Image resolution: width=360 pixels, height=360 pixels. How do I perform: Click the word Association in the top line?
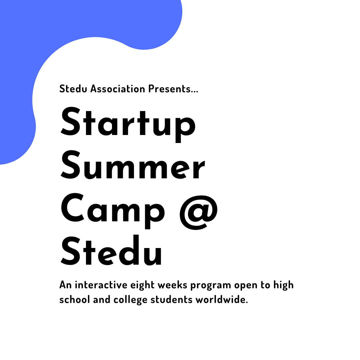pyautogui.click(x=118, y=89)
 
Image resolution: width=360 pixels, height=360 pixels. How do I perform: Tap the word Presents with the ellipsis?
pyautogui.click(x=173, y=89)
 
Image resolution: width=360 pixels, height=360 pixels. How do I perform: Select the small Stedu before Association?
pyautogui.click(x=73, y=89)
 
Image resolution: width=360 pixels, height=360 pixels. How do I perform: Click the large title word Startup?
pyautogui.click(x=128, y=124)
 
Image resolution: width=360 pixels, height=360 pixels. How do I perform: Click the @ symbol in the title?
pyautogui.click(x=199, y=212)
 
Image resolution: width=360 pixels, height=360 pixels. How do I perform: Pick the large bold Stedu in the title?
pyautogui.click(x=111, y=250)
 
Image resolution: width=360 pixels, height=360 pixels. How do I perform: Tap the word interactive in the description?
pyautogui.click(x=101, y=285)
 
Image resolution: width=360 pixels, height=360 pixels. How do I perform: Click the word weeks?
pyautogui.click(x=172, y=285)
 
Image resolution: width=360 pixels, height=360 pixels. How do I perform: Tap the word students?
pyautogui.click(x=172, y=300)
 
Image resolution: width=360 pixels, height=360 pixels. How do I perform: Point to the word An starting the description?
pyautogui.click(x=66, y=285)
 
